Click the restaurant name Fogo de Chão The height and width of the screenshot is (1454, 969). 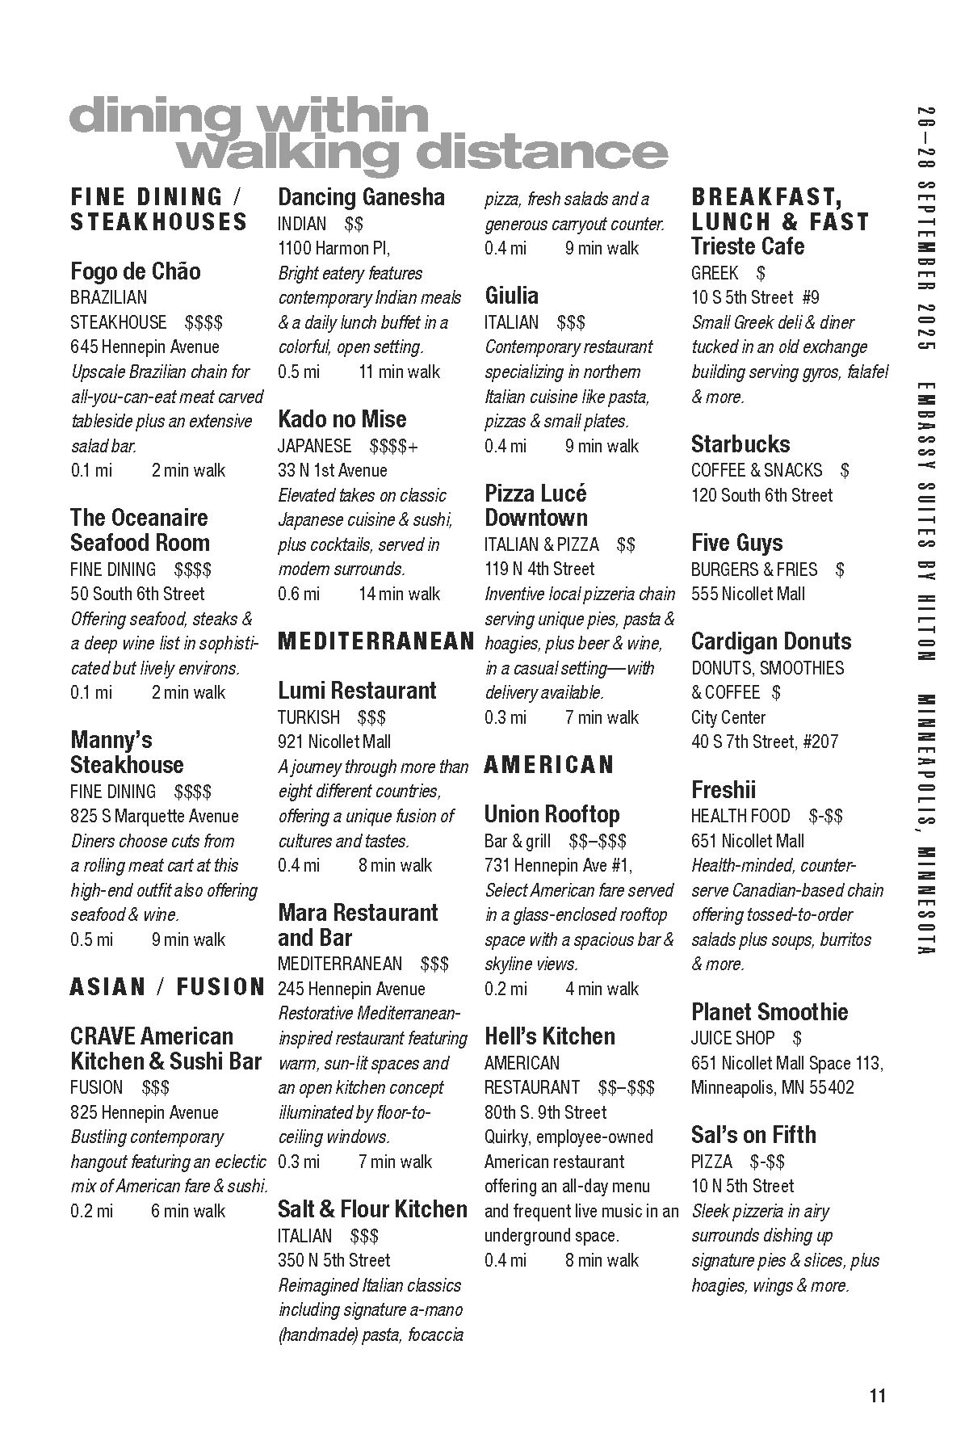pyautogui.click(x=135, y=271)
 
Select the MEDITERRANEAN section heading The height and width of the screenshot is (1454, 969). pyautogui.click(x=375, y=641)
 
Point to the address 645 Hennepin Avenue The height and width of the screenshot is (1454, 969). pyautogui.click(x=145, y=347)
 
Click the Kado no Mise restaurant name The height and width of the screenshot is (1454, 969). pyautogui.click(x=342, y=419)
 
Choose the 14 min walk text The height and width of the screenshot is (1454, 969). pyautogui.click(x=399, y=595)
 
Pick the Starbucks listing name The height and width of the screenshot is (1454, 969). pyautogui.click(x=740, y=444)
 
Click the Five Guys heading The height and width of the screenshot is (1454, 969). pyautogui.click(x=736, y=543)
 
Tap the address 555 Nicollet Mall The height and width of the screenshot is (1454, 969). pyautogui.click(x=748, y=595)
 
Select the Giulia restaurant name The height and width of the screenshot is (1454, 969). pyautogui.click(x=511, y=296)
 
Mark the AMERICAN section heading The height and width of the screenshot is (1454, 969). pyautogui.click(x=549, y=765)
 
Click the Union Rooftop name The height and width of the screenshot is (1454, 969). pyautogui.click(x=552, y=814)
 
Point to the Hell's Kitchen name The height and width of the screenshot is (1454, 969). pyautogui.click(x=549, y=1036)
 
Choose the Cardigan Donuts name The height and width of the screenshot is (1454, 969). pyautogui.click(x=771, y=641)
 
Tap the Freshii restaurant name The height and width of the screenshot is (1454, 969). pyautogui.click(x=724, y=789)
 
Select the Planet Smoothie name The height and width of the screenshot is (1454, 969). pyautogui.click(x=770, y=1012)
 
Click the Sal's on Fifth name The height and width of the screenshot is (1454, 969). pyautogui.click(x=753, y=1135)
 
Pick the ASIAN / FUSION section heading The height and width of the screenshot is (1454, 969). pyautogui.click(x=167, y=987)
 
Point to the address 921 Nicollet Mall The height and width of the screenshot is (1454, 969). pyautogui.click(x=334, y=742)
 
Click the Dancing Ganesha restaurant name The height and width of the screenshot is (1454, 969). pyautogui.click(x=361, y=197)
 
